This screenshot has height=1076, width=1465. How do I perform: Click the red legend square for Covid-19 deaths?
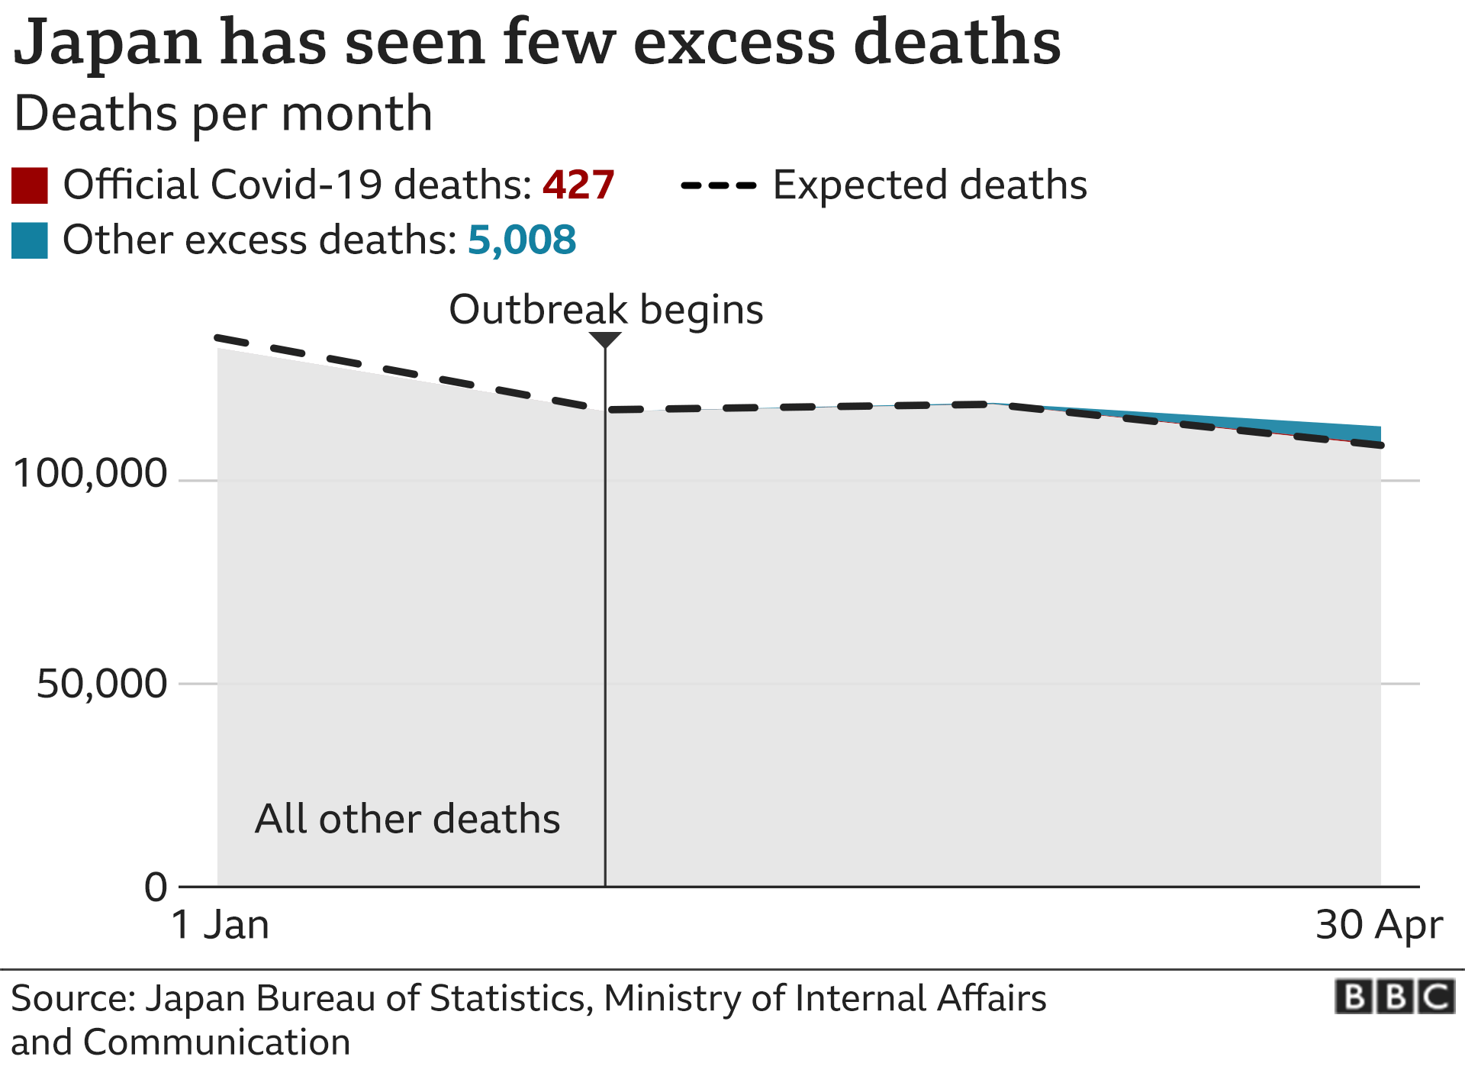30,185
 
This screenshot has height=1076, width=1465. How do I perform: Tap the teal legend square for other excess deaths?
30,240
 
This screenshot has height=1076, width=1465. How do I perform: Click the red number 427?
578,185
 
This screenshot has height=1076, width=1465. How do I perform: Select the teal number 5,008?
522,240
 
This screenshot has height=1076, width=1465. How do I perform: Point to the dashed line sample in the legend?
718,185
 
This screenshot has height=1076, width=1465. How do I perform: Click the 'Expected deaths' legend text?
929,185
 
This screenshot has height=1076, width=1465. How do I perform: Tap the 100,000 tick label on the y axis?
90,473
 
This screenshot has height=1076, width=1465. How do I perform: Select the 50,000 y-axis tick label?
101,684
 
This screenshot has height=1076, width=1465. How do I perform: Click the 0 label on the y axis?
156,888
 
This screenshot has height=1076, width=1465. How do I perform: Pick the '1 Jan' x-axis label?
221,925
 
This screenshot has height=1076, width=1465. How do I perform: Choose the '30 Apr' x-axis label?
1379,925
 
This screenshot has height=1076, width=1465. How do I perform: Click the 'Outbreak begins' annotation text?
606,310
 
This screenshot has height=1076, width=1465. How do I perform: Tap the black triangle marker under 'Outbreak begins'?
605,339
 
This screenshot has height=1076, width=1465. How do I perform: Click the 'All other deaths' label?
407,819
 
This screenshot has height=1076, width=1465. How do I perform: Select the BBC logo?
1395,997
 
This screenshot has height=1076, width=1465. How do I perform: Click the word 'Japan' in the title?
108,44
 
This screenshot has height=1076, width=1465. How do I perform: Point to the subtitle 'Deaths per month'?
223,114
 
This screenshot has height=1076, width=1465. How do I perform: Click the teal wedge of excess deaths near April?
1343,432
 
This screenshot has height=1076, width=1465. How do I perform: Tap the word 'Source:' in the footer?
73,999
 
